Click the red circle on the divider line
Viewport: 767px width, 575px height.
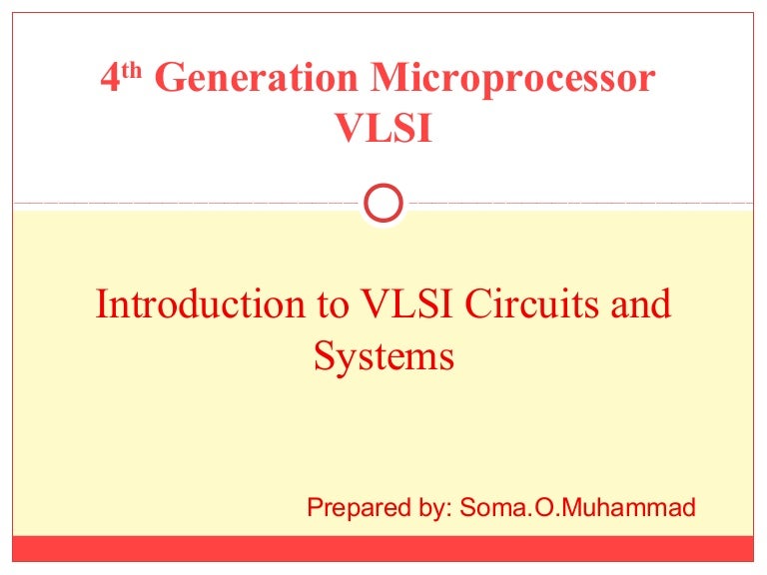383,204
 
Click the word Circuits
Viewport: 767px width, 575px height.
536,304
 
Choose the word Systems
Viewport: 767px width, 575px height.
384,355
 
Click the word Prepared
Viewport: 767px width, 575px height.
351,508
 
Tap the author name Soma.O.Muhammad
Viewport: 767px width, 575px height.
578,508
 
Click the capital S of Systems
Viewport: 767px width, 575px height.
324,355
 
